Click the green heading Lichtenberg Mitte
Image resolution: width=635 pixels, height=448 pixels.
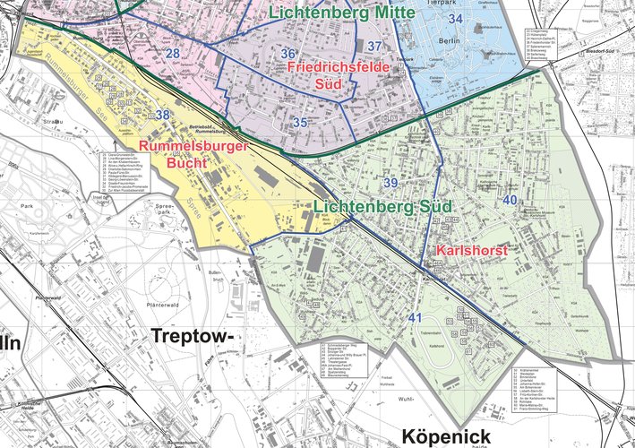[x=341, y=13]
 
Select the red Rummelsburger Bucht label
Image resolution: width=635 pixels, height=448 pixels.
[x=180, y=154]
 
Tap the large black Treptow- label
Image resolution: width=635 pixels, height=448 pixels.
[x=192, y=336]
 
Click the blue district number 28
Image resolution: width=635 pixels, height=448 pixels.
[x=173, y=56]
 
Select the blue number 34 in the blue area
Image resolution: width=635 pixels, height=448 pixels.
[x=456, y=18]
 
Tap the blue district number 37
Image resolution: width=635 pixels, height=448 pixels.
[x=375, y=46]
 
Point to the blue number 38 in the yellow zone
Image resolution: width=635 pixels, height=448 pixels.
[x=162, y=115]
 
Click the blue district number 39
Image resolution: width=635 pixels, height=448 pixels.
[x=390, y=183]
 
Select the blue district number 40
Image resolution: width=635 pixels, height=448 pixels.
[x=510, y=199]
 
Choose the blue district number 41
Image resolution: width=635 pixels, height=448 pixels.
[x=415, y=318]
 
